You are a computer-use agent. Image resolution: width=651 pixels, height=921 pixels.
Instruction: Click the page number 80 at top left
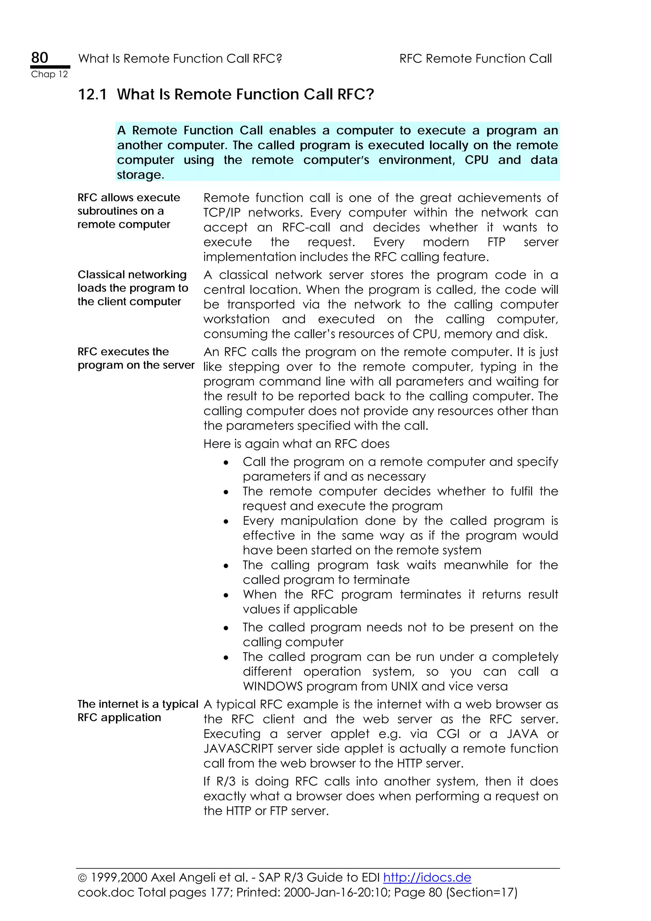pos(39,58)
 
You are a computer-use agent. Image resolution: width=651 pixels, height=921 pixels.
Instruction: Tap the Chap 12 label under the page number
pos(49,74)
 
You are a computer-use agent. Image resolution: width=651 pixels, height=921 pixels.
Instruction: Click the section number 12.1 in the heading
pos(92,95)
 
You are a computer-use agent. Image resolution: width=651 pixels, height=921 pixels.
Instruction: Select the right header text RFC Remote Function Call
pos(475,58)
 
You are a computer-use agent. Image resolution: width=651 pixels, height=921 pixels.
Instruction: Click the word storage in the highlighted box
pos(140,175)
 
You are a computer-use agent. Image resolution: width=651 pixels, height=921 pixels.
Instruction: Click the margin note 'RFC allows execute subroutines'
pos(128,211)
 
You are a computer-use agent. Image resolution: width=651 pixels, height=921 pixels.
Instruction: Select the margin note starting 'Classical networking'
pos(132,288)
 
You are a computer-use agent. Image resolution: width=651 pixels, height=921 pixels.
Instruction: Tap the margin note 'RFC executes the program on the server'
pos(136,358)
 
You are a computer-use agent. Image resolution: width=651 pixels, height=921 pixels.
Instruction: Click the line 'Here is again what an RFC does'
pos(296,444)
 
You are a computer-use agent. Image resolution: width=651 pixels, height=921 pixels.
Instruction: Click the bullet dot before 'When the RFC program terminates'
pos(226,596)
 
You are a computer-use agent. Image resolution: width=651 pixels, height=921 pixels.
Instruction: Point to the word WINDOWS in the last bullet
pos(272,686)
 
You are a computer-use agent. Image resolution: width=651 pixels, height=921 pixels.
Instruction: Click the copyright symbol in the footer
pos(82,878)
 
